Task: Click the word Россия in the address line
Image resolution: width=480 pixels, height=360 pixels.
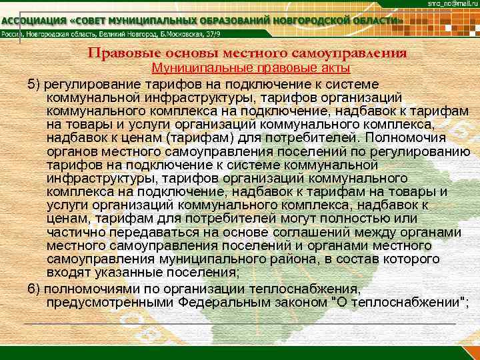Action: click(11, 35)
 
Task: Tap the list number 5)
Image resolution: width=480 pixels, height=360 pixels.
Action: click(34, 83)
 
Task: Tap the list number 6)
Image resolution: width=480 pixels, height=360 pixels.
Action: click(34, 289)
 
